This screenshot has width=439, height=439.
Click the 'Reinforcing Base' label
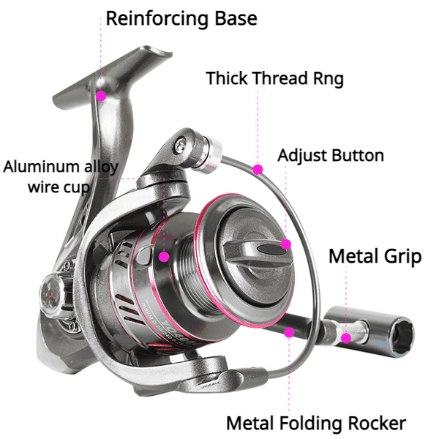pos(181,19)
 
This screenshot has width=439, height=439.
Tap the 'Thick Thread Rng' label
pos(274,78)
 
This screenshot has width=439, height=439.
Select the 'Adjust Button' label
pos(331,156)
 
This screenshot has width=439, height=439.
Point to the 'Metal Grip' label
pos(375,256)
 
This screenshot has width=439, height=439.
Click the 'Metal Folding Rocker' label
pos(316,424)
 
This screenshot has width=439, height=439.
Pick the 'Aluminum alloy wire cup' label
pos(61,177)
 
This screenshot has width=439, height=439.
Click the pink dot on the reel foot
pos(101,96)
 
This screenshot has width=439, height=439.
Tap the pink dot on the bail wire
pos(258,170)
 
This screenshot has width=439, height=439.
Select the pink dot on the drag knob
pos(286,244)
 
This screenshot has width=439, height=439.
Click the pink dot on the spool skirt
pos(164,257)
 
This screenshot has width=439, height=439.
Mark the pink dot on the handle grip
pos(346,338)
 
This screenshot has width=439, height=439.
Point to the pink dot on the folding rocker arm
pos(289,333)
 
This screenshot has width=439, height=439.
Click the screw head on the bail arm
pos(181,144)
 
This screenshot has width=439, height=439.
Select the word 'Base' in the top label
pos(236,18)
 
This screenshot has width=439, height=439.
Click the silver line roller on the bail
pos(209,154)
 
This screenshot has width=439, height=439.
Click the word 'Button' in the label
pos(359,156)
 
